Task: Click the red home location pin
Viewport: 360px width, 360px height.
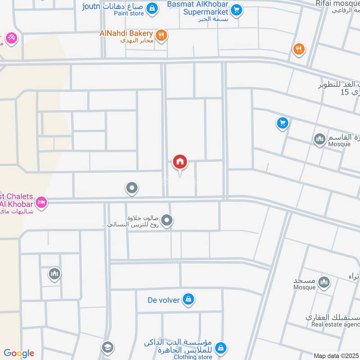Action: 180,162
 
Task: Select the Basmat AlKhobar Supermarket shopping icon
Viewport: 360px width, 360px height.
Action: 237,9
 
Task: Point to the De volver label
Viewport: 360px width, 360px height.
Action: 163,300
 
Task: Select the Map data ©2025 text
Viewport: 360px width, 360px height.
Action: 336,355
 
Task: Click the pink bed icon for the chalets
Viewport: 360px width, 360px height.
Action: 41,202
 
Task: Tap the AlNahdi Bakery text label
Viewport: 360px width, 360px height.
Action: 127,33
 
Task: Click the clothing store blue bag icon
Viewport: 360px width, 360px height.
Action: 220,347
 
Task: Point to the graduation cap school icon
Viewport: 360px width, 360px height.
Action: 107,347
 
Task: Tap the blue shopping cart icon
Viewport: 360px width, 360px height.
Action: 283,123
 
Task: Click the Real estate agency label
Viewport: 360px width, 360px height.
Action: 333,324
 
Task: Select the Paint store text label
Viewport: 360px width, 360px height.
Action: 129,13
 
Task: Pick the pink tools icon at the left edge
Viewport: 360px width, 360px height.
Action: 11,38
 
